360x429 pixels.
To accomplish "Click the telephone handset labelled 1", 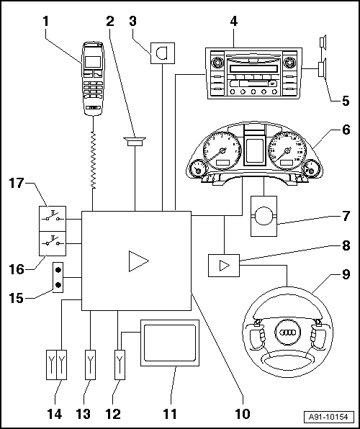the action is click(x=93, y=78).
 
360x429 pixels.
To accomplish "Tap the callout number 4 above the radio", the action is click(x=233, y=22).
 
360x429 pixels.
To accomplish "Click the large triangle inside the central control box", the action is click(x=138, y=261).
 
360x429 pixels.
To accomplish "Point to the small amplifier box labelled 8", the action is click(x=224, y=266).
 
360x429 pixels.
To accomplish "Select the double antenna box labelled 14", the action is click(x=56, y=365).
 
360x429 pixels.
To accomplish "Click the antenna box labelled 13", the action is click(x=90, y=365).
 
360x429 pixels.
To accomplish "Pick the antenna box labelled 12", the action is click(x=120, y=365).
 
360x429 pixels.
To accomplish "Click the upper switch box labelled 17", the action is click(x=53, y=219).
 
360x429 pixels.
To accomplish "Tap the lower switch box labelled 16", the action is click(x=53, y=243).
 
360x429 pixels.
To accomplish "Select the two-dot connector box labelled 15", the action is click(x=58, y=277).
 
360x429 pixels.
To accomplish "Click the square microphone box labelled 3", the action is click(x=163, y=53).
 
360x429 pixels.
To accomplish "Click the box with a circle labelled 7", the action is click(x=264, y=216).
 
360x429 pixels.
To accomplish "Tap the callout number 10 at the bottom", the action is click(x=243, y=414).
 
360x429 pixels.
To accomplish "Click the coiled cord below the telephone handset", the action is click(x=94, y=160).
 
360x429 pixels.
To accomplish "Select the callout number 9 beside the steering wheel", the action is click(x=346, y=275).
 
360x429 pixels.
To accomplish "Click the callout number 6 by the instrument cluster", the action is click(x=346, y=130).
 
